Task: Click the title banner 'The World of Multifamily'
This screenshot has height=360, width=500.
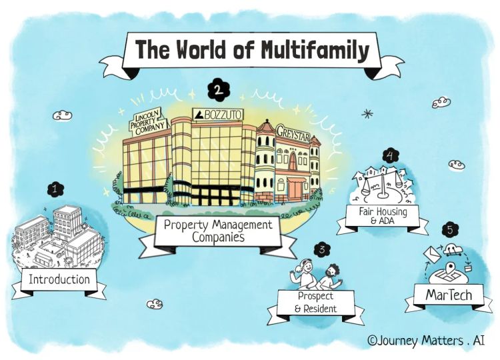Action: click(253, 49)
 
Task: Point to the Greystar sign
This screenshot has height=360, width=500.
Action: click(293, 131)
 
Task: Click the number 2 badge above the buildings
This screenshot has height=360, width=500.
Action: click(217, 88)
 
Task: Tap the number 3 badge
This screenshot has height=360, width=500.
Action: click(322, 250)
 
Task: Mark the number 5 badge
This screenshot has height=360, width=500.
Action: click(451, 230)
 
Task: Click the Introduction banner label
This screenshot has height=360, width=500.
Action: click(59, 279)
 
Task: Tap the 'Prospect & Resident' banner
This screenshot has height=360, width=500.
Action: click(317, 302)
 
